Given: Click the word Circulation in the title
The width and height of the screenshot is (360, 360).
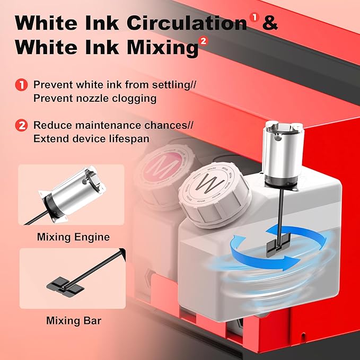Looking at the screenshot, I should (187, 24).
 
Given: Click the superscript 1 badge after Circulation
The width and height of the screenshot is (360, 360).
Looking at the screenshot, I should (255, 18).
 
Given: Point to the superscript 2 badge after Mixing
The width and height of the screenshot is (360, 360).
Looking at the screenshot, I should (204, 41).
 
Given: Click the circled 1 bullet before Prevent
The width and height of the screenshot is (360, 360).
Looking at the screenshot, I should (21, 84).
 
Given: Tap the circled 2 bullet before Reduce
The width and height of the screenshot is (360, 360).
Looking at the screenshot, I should (21, 126).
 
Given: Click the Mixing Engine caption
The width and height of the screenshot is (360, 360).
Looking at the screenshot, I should (73, 237).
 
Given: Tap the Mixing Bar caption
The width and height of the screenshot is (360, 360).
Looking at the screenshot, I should (73, 321).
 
